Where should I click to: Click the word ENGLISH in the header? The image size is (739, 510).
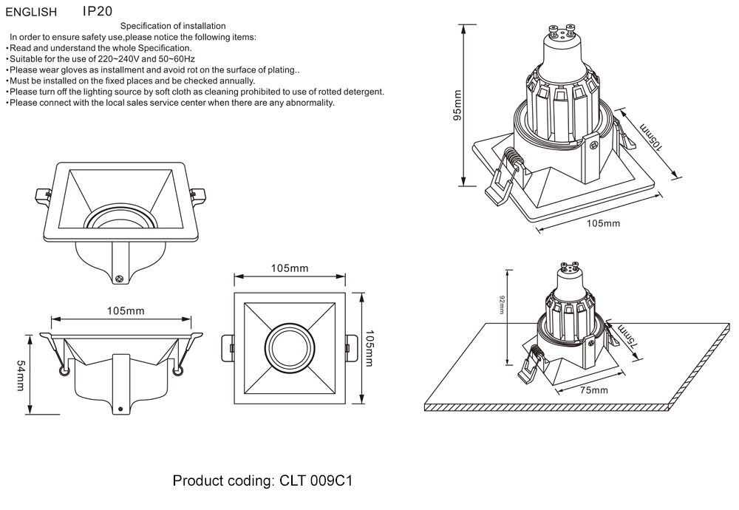tap(31, 13)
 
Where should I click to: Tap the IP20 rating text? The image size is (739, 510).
tap(98, 12)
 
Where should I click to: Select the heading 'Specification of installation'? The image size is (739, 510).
tap(173, 26)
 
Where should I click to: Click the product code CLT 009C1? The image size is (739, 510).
tap(316, 481)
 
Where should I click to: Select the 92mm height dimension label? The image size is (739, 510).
tap(501, 305)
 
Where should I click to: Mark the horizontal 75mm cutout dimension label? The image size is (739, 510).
tap(593, 390)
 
